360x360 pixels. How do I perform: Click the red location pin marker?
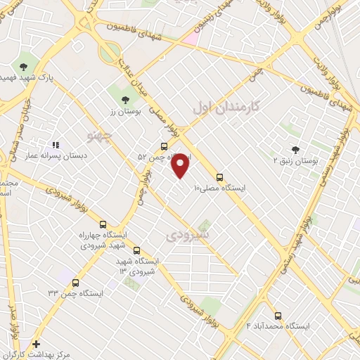(x=181, y=165)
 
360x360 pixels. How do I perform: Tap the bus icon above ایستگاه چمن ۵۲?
(x=164, y=147)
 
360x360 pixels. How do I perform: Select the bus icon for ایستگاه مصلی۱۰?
(x=220, y=177)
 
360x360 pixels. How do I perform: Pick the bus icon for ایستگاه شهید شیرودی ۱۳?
(x=136, y=250)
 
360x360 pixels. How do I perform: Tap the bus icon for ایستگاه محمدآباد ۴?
(x=278, y=316)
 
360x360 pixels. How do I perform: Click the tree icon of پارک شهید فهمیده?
(x=24, y=66)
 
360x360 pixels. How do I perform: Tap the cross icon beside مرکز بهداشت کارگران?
(x=37, y=343)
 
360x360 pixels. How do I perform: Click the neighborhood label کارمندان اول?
(x=226, y=107)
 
